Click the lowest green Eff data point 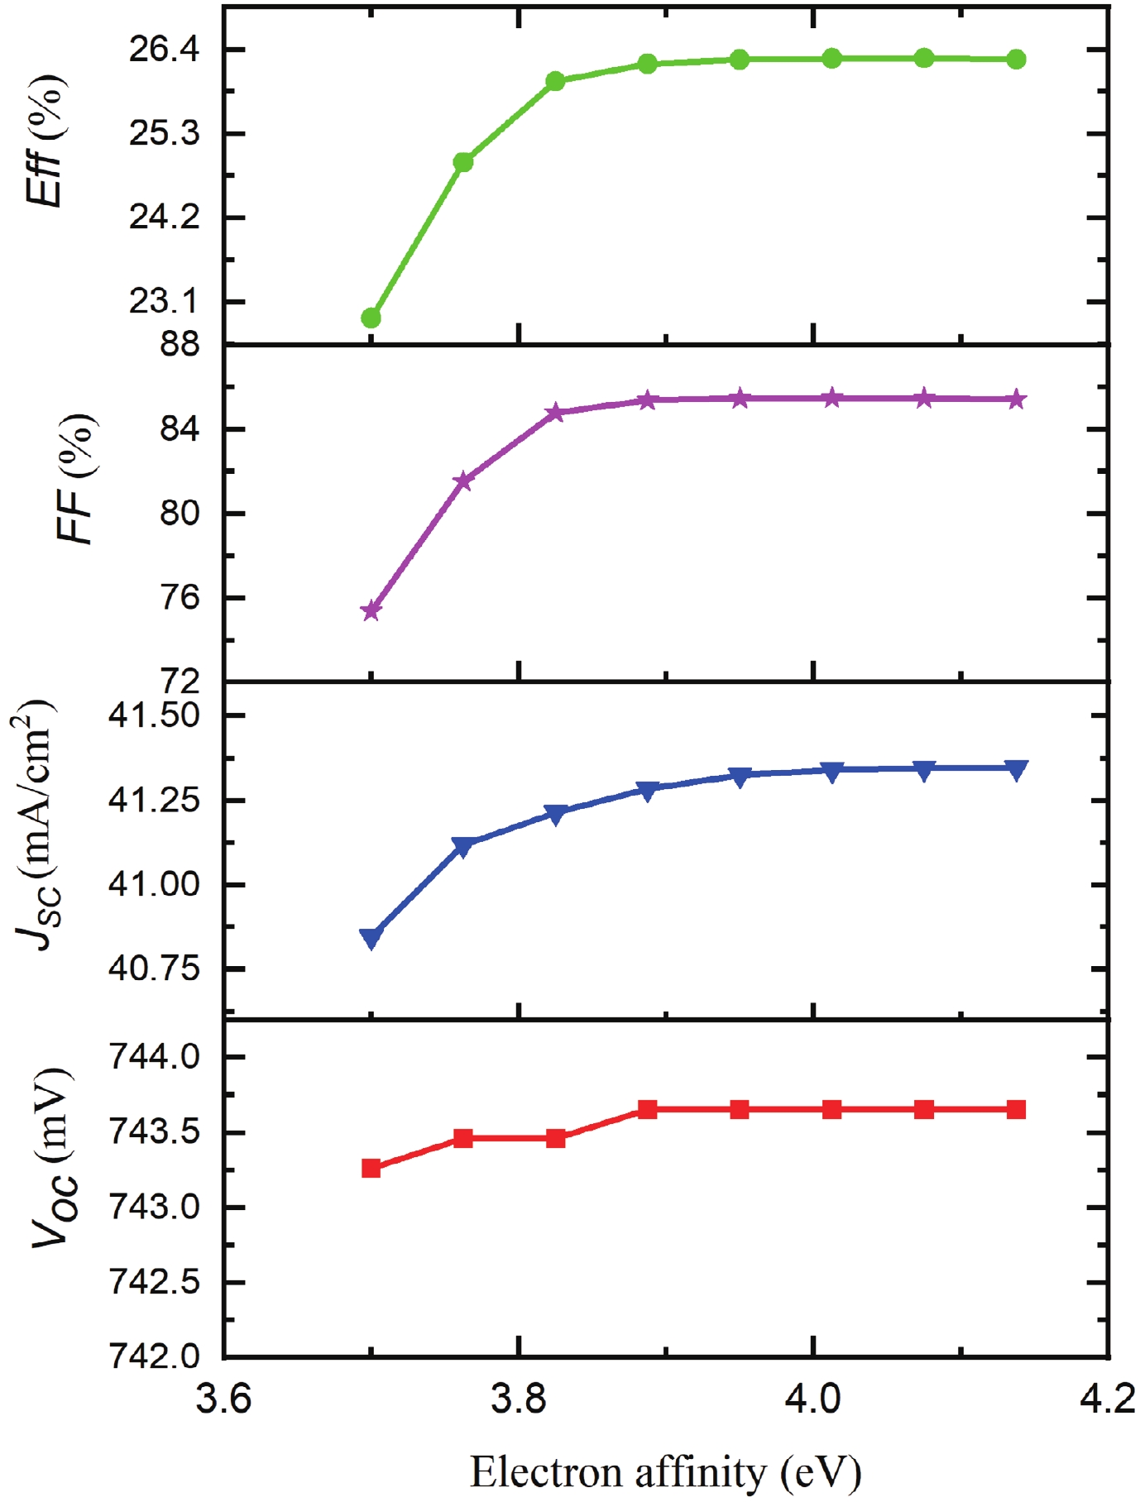point(371,318)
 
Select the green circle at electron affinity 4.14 point(1017,60)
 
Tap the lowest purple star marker point(371,611)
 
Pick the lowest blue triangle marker point(371,939)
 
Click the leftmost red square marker point(371,1168)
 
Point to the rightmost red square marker point(1017,1109)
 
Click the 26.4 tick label point(165,50)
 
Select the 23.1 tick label point(165,301)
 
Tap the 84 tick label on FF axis point(180,429)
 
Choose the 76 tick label point(180,597)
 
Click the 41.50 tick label point(155,715)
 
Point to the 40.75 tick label point(155,968)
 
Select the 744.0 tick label point(155,1057)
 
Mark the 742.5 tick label point(155,1282)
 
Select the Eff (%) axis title point(45,141)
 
